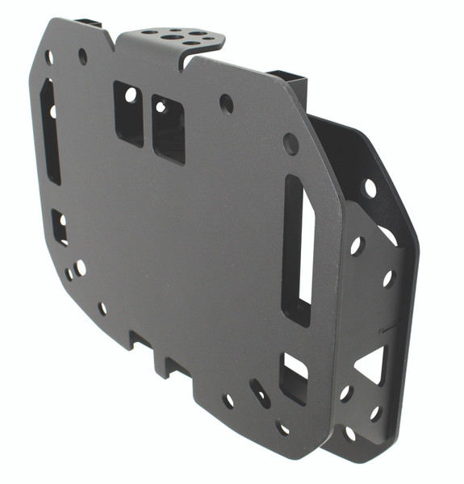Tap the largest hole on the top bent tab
pyautogui.click(x=175, y=36)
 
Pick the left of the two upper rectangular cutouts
pyautogui.click(x=128, y=111)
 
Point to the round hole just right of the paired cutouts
pyautogui.click(x=227, y=103)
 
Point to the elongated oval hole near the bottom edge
pyautogui.click(x=260, y=392)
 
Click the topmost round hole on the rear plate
pyautogui.click(x=370, y=188)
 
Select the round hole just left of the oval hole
pyautogui.click(x=229, y=400)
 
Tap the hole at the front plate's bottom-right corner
pyautogui.click(x=282, y=427)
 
